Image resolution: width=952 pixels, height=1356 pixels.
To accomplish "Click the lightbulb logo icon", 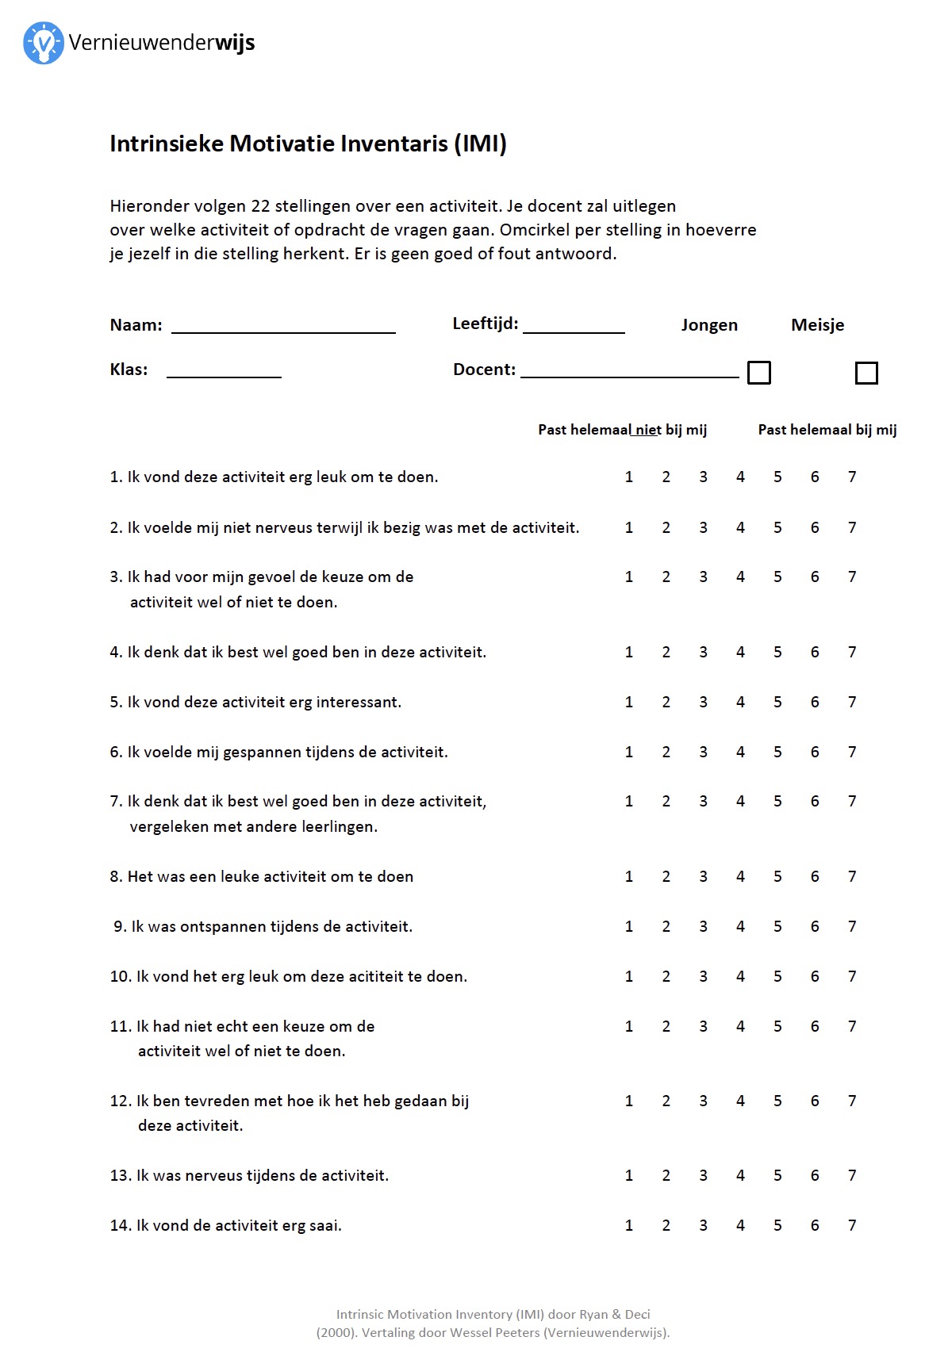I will pos(43,43).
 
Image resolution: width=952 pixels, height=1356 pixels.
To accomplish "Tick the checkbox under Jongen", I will pos(759,373).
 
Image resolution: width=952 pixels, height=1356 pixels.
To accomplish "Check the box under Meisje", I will pos(866,373).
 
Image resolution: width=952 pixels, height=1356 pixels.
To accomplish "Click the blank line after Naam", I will pos(283,327).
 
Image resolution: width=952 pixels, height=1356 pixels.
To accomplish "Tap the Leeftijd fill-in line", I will pos(574,327).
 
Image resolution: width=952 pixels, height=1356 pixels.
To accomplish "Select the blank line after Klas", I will pos(224,371).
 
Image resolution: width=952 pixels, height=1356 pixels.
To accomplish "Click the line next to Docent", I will pos(629,371).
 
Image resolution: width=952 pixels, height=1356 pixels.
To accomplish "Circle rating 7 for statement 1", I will pos(852,477).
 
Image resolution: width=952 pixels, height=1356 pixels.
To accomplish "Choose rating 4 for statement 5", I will pos(740,702).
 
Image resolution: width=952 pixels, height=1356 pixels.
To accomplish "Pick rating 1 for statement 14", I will pos(629,1225).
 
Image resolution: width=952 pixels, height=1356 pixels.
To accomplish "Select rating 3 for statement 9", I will pos(703,926).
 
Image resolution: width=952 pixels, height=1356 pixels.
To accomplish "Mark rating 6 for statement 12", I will pos(815,1101).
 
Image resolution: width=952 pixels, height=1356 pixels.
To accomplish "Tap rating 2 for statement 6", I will pos(666,752).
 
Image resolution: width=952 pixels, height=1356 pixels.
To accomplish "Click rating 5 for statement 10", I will pos(777,976).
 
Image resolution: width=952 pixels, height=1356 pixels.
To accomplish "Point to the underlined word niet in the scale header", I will pos(647,430).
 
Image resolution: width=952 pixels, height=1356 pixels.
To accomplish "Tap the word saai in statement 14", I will pos(324,1226).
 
